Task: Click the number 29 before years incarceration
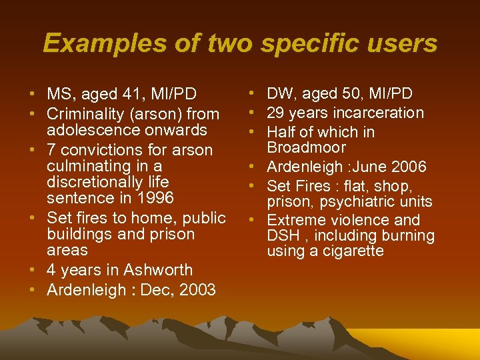276,113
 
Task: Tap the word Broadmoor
307,147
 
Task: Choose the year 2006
406,167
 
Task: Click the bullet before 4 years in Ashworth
33,270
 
